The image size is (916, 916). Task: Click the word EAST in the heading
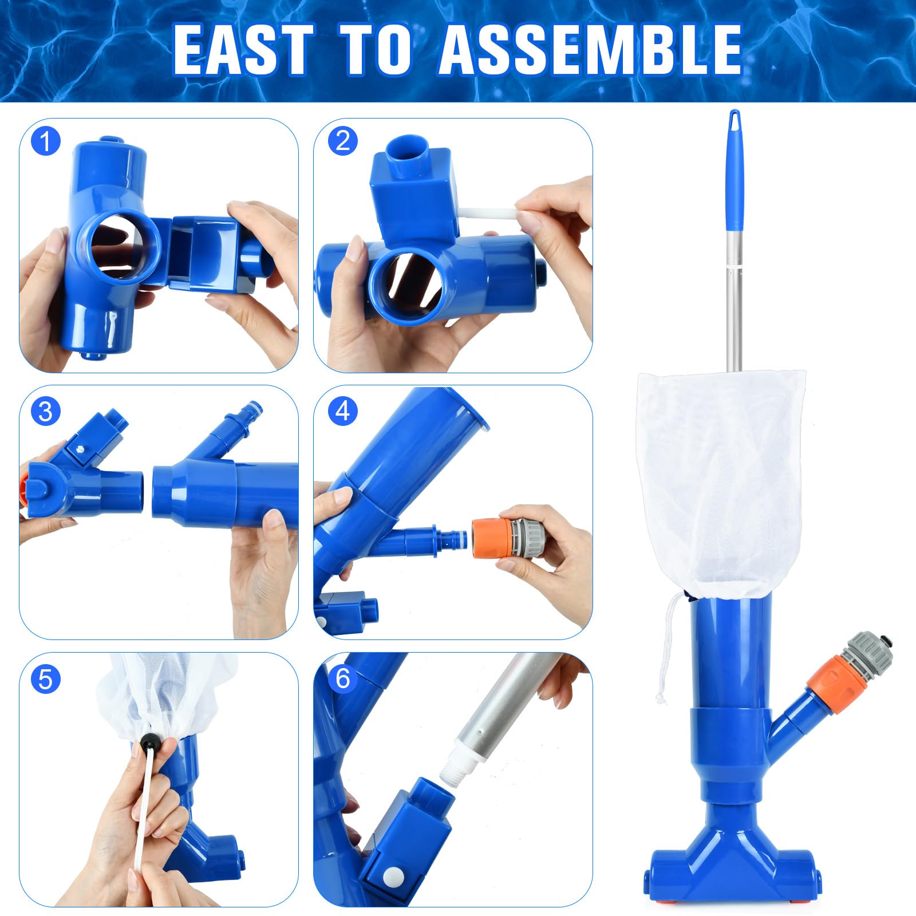[244, 50]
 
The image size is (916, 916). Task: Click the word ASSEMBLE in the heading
[591, 50]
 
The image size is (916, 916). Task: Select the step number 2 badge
[342, 141]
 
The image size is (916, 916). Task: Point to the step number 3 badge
[46, 411]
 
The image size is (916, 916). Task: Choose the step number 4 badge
[342, 411]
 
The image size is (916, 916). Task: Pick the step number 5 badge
[46, 679]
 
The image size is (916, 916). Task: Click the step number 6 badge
[342, 679]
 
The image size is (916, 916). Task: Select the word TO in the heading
[378, 50]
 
